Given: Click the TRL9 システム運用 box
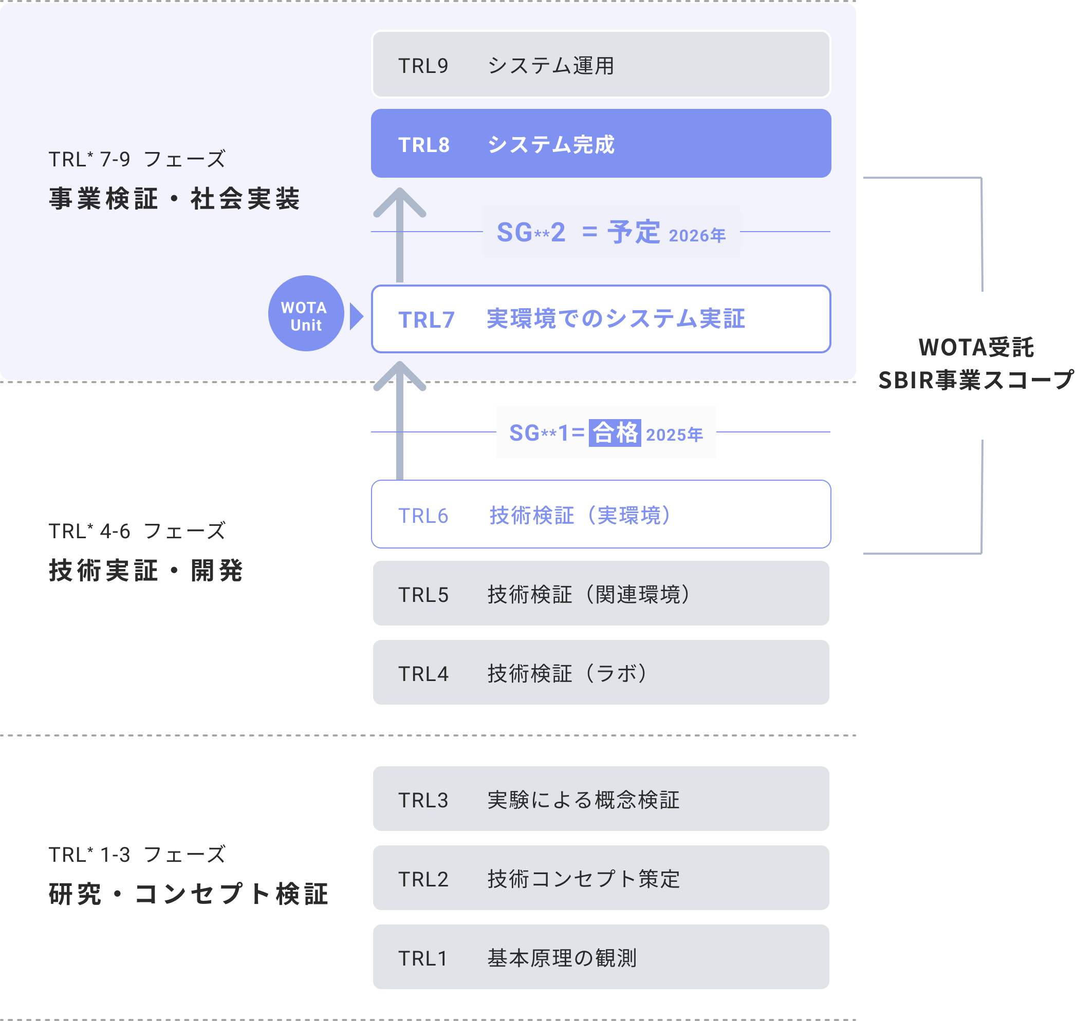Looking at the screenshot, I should (601, 65).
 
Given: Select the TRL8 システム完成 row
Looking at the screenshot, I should (601, 144).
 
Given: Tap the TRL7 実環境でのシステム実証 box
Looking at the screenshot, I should (601, 319).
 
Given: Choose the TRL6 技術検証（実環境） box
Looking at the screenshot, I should (601, 514).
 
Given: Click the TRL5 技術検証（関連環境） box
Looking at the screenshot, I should (601, 593).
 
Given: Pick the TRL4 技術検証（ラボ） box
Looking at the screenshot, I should (601, 673).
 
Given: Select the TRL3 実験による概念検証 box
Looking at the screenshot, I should (601, 799).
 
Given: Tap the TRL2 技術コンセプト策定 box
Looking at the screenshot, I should (601, 878).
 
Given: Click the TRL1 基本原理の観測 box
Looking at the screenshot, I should (601, 957).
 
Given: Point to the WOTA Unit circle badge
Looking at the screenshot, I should (304, 316).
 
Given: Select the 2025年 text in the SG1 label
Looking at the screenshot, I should (674, 435).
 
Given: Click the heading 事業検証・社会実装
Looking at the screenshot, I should (174, 199).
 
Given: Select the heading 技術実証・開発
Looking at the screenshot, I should (145, 571).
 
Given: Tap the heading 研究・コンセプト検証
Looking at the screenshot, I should (189, 894).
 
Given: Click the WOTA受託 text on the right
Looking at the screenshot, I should (975, 347).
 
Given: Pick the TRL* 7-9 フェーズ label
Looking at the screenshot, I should (137, 159).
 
